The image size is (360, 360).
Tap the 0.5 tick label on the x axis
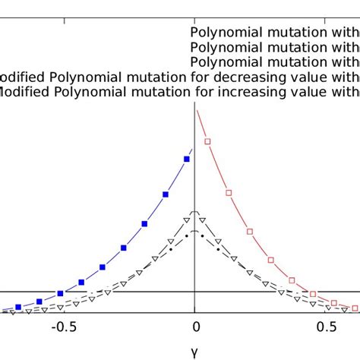[327, 327]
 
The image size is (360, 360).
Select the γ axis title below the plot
[195, 351]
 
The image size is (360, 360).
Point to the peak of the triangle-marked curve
[195, 212]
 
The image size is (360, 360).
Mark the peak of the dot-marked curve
[195, 230]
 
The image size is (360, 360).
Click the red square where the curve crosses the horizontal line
[310, 292]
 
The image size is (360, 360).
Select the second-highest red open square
[229, 194]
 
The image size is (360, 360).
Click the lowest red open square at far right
[352, 308]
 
